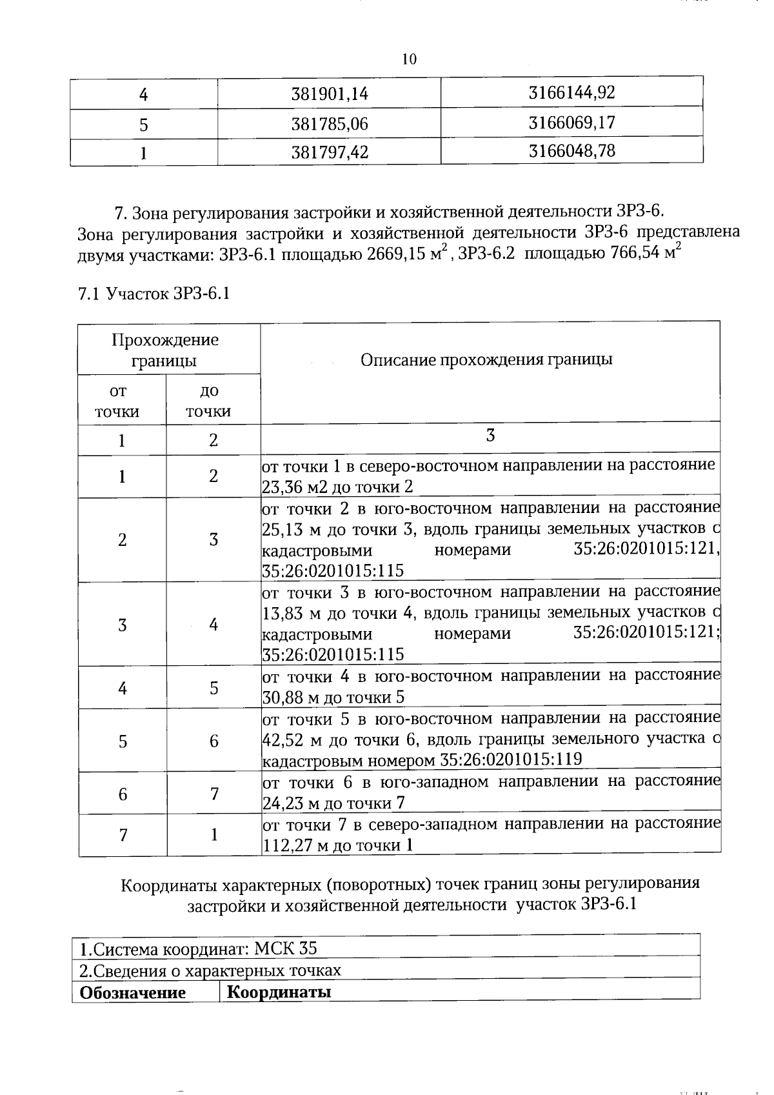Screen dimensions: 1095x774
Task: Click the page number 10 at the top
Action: [409, 60]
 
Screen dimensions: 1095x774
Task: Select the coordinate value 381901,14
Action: [329, 94]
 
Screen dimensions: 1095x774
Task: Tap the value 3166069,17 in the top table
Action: [571, 123]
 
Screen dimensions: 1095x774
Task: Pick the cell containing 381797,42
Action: [329, 153]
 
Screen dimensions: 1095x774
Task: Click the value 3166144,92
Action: [571, 93]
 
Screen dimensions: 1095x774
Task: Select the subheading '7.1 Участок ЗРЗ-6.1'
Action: [154, 294]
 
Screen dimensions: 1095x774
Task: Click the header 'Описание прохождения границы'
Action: [486, 360]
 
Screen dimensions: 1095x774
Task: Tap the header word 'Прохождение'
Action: [165, 340]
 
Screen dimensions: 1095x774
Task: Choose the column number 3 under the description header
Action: [490, 436]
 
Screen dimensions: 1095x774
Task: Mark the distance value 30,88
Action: [282, 698]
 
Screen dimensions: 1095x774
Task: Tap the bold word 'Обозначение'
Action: [132, 993]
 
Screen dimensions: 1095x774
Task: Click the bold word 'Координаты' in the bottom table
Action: [280, 992]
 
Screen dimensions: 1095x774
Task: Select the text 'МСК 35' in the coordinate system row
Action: [285, 949]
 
